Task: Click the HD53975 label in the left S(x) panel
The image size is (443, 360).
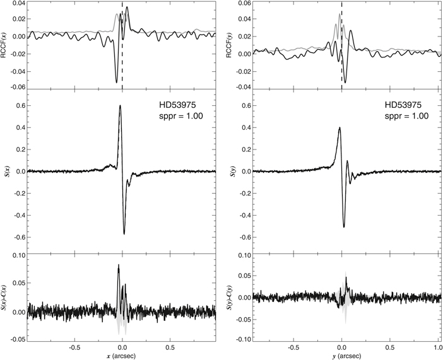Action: [x=179, y=105]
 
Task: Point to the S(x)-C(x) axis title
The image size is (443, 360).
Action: [x=5, y=296]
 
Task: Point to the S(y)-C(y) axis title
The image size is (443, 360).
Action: [x=230, y=296]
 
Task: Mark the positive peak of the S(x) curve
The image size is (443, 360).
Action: [x=119, y=106]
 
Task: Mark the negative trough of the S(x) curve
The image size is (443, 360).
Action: [x=124, y=234]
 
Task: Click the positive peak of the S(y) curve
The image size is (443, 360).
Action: [x=340, y=128]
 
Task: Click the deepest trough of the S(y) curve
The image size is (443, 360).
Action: [x=344, y=227]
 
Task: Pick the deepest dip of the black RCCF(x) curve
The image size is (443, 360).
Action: [x=116, y=83]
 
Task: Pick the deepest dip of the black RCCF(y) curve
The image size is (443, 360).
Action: [x=345, y=83]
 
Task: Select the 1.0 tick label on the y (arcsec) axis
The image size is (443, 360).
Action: [x=437, y=347]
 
